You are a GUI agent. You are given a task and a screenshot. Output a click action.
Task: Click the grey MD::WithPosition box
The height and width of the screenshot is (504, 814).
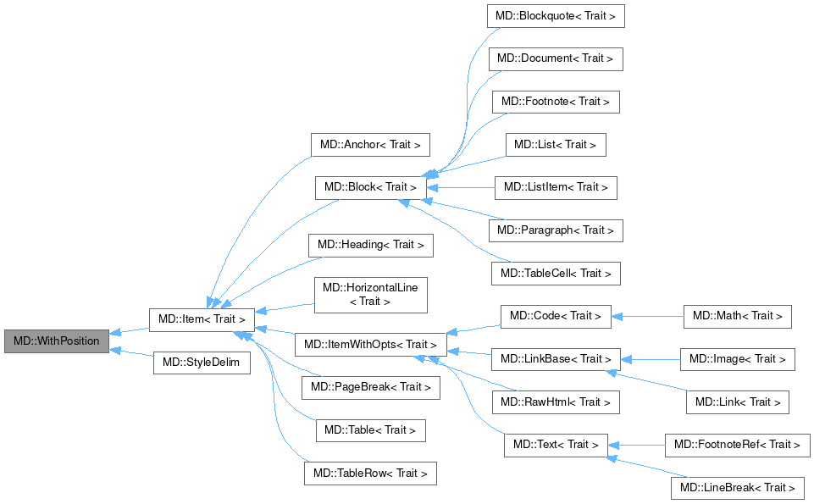tap(57, 341)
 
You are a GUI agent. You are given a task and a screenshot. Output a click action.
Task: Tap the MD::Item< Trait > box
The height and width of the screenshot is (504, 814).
tap(202, 319)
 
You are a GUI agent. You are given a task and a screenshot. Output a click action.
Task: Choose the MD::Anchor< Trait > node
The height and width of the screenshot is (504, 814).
tap(370, 145)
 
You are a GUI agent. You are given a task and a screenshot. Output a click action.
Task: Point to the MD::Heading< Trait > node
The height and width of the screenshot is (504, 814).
tap(370, 245)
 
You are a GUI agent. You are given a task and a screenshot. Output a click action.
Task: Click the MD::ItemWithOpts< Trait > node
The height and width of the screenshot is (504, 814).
tap(370, 345)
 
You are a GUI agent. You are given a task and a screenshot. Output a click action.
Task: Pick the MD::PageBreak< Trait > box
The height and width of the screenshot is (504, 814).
tap(371, 387)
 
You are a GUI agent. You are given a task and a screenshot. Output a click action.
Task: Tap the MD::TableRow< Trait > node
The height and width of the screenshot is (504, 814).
tap(370, 473)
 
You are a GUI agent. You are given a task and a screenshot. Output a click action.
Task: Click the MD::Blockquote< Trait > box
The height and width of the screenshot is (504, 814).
tap(556, 16)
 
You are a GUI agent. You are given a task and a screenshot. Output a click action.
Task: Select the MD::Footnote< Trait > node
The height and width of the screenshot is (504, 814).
tap(556, 102)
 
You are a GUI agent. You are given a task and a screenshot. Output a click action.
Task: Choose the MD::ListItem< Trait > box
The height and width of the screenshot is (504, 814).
tap(556, 187)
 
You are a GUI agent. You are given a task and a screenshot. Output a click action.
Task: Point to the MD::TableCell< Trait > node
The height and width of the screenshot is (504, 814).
tap(556, 274)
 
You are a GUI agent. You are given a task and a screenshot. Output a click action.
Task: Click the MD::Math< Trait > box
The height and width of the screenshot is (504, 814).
tap(738, 316)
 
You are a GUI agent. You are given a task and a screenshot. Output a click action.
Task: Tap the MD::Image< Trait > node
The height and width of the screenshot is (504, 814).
tap(738, 359)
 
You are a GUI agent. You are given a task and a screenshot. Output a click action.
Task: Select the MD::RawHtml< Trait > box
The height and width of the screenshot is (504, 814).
tap(556, 402)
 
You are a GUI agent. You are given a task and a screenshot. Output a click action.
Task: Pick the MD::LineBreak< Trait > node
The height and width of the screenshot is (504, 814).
tap(738, 487)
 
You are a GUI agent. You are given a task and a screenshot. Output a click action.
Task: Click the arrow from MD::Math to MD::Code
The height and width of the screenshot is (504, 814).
tap(647, 316)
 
